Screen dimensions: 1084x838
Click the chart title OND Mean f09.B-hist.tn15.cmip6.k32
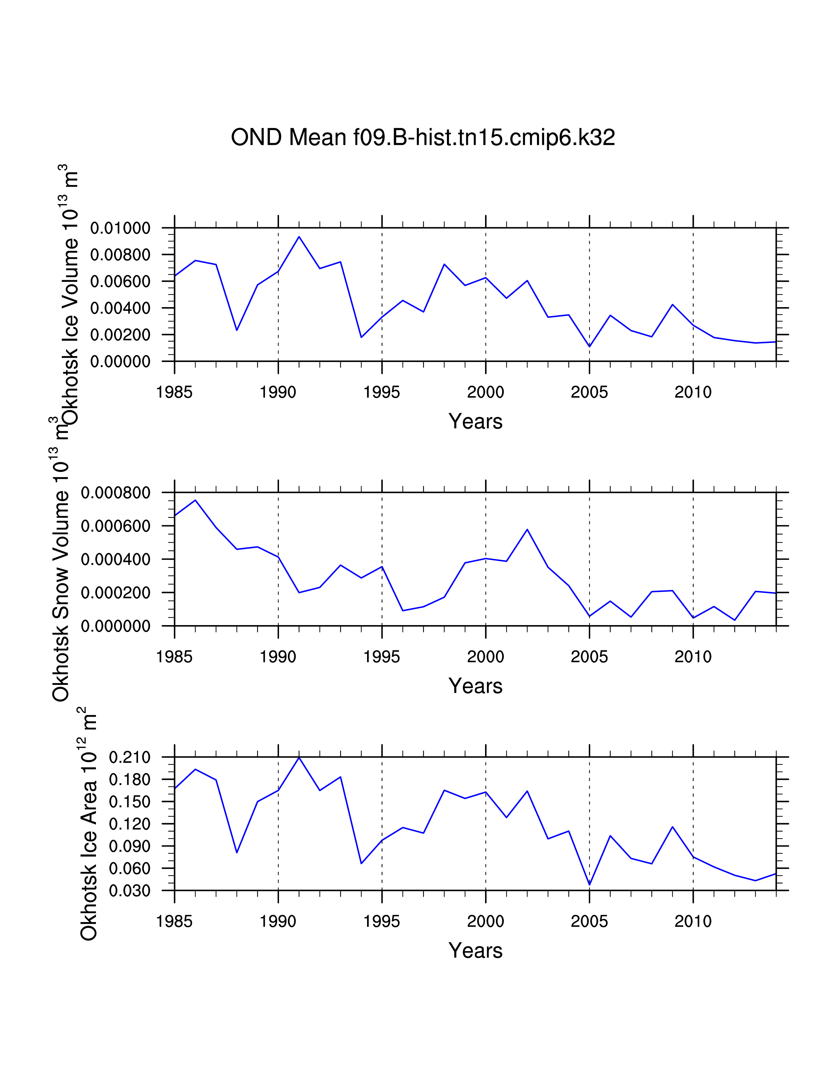[x=423, y=138]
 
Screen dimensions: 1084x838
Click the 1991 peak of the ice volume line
[x=299, y=237]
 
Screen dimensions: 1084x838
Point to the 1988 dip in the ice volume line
[x=237, y=330]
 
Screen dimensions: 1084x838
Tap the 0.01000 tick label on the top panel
[x=120, y=228]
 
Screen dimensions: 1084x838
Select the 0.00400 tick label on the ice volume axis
[x=120, y=308]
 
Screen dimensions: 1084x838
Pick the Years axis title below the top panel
[x=475, y=421]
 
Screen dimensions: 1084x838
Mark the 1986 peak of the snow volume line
[x=196, y=500]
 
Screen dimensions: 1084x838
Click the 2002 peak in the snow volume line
[x=527, y=530]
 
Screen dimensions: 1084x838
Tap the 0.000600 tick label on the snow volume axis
[x=116, y=526]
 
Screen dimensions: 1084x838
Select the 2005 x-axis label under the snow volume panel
[x=589, y=657]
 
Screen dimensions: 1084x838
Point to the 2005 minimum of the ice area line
[x=589, y=885]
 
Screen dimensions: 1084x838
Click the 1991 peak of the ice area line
[x=299, y=758]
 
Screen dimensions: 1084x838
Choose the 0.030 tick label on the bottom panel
[x=129, y=891]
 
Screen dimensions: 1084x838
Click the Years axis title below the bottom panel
[x=475, y=951]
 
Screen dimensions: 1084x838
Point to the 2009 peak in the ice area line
[x=672, y=827]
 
